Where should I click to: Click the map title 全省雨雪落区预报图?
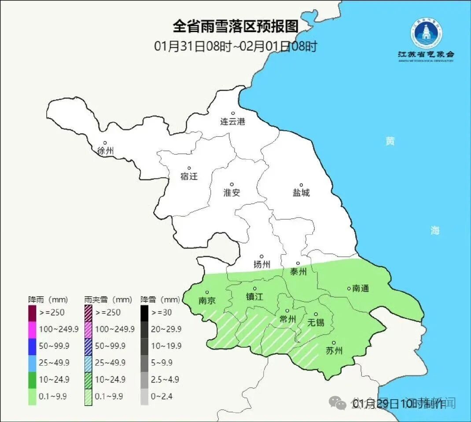pos(235,26)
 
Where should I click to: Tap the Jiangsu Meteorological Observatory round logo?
pos(427,34)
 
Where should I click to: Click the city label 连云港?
pos(232,122)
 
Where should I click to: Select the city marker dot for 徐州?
pos(105,142)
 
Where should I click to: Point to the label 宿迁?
pos(189,177)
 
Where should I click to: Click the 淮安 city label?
pos(232,193)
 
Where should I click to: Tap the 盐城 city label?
pos(301,193)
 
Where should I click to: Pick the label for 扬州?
pos(261,264)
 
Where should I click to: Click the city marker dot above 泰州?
pos(298,263)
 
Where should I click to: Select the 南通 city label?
pos(361,288)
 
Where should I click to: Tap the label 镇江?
pos(254,297)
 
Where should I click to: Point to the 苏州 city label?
pos(333,351)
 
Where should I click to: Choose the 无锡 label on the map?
pos(316,322)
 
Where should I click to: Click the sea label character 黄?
pos(390,141)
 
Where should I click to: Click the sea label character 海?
pos(435,230)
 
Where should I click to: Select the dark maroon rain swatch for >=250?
pos(32,313)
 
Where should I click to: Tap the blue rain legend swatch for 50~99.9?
pos(32,346)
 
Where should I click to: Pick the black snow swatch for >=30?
pos(144,313)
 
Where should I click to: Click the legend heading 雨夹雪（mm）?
pos(108,300)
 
